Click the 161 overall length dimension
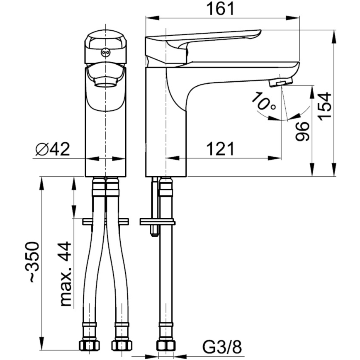[222, 8]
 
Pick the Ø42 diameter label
[52, 148]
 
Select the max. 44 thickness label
[65, 274]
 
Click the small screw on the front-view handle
[105, 52]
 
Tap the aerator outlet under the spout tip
[281, 83]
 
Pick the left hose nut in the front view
[89, 345]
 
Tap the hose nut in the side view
[165, 345]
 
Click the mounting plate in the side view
[157, 222]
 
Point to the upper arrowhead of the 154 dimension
[334, 35]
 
